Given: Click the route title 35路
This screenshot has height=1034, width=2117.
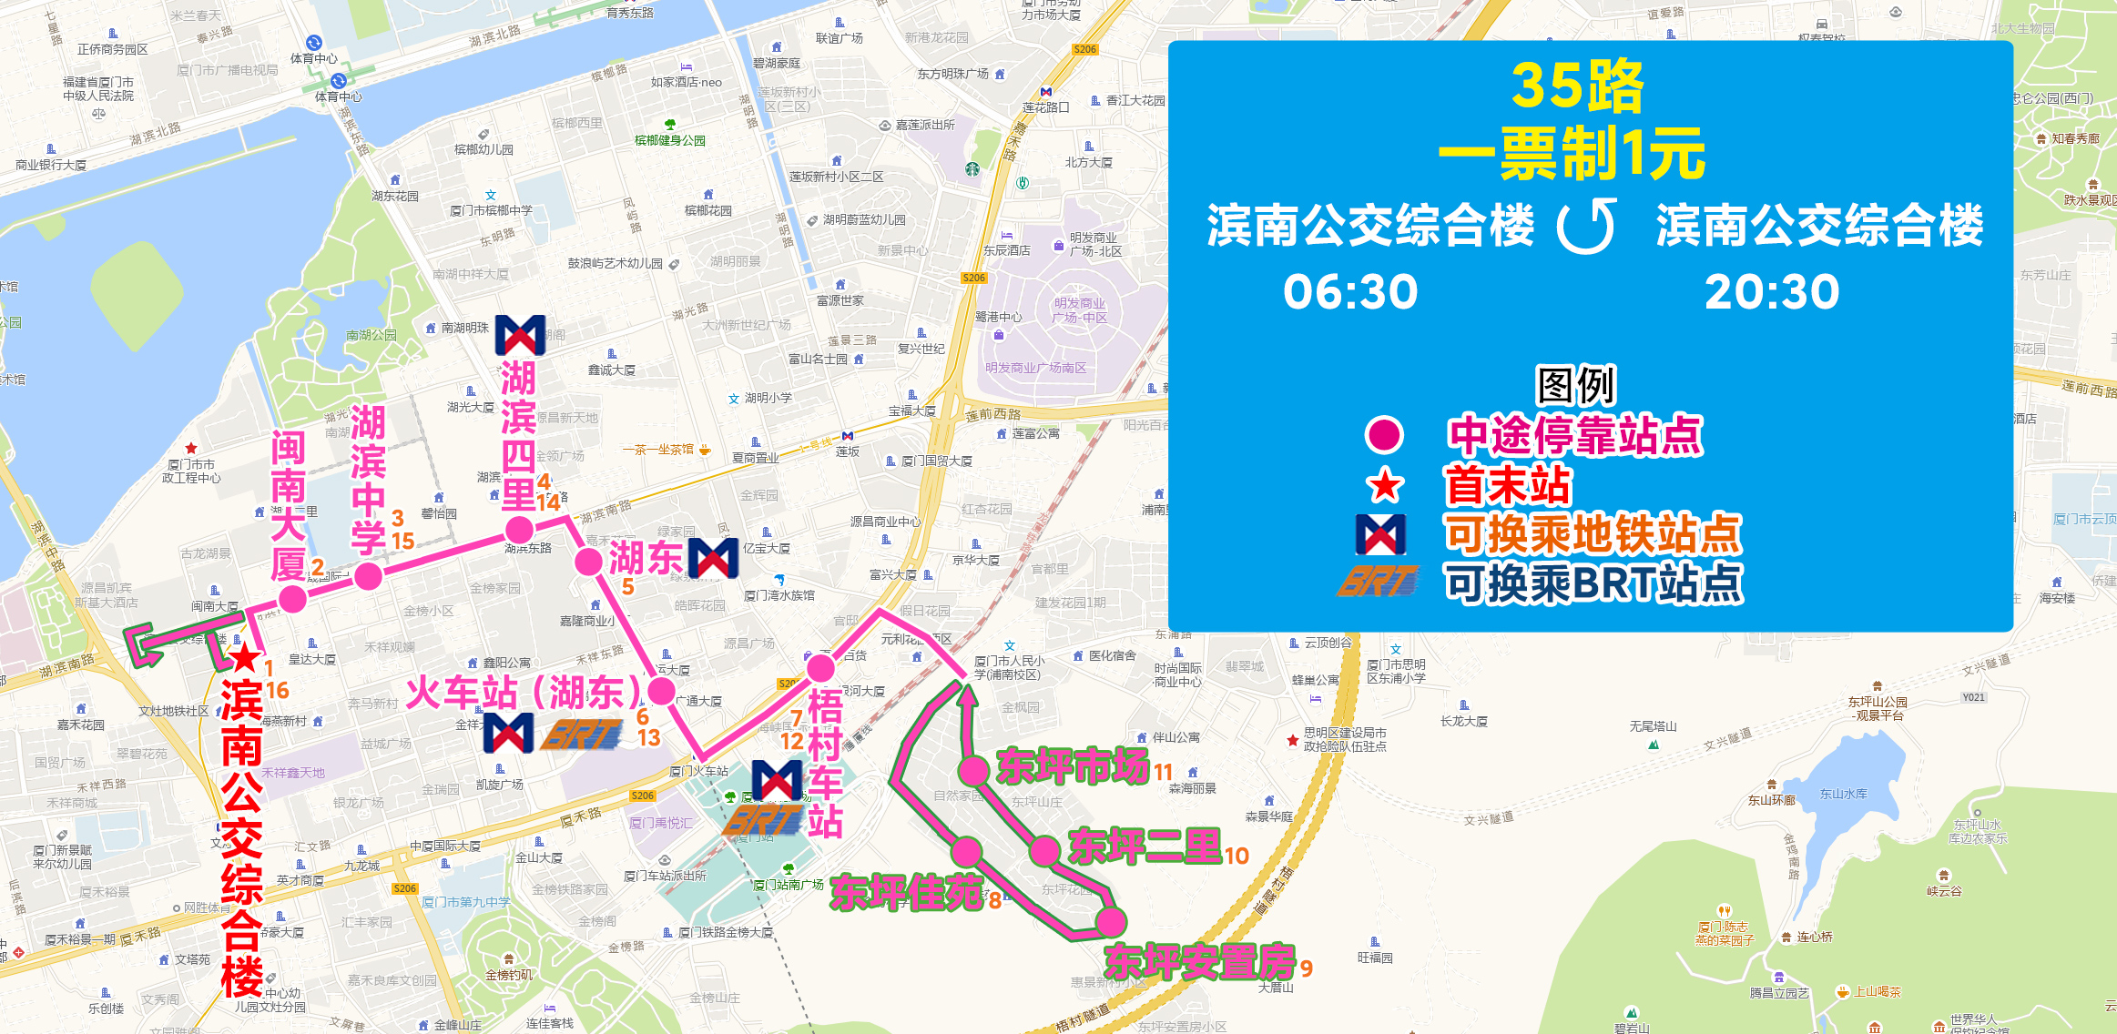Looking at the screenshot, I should click(x=1577, y=86).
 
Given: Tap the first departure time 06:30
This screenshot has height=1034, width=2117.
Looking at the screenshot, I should click(x=1350, y=292).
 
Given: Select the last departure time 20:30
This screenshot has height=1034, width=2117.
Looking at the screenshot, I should click(x=1771, y=292).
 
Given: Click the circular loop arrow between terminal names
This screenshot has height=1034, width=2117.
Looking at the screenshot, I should click(x=1585, y=226).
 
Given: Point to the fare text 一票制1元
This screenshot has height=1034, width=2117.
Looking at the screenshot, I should click(x=1572, y=153).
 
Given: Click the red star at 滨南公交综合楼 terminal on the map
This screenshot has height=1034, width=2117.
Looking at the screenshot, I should click(x=244, y=657).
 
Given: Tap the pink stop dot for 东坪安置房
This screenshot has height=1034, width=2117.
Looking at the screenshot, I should click(x=1111, y=921).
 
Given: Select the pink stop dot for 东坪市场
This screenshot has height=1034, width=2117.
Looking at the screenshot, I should click(x=974, y=771).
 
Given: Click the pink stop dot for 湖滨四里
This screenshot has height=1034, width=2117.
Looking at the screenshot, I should click(x=519, y=530).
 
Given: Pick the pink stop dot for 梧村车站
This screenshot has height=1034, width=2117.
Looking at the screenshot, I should click(x=821, y=668).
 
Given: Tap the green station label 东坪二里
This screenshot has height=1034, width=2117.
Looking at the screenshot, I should click(x=1144, y=847).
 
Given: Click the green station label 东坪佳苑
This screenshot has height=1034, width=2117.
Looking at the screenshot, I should click(x=906, y=893).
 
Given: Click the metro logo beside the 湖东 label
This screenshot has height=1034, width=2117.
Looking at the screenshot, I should click(x=713, y=558).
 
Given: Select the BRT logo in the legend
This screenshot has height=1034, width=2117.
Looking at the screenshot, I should click(x=1379, y=582).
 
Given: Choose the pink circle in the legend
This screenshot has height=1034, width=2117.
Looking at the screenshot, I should click(x=1384, y=435).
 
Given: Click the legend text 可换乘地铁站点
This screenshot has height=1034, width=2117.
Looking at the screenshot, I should click(x=1593, y=534).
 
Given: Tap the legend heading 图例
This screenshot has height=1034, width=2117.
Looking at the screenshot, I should click(x=1576, y=386).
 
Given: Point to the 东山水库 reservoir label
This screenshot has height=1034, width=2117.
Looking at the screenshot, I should click(x=1843, y=794).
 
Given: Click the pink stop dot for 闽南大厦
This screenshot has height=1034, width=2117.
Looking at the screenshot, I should click(x=292, y=599).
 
